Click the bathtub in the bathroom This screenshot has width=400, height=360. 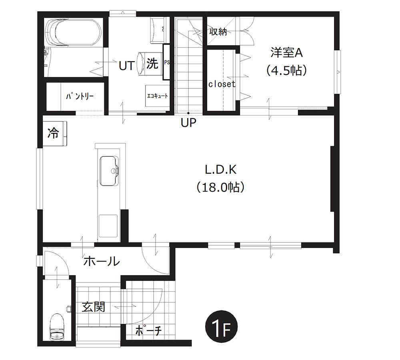73,32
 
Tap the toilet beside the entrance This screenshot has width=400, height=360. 57,326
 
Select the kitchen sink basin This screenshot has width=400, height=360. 109,170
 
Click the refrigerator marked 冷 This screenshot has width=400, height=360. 54,134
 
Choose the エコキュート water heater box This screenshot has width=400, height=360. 157,96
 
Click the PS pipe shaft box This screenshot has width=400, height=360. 166,62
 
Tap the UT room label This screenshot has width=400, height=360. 127,66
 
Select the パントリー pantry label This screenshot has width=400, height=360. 80,96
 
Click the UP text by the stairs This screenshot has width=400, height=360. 188,123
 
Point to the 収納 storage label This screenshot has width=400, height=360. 218,32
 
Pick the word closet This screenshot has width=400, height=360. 222,84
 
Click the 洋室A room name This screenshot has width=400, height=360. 286,53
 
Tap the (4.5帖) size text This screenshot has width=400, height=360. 286,70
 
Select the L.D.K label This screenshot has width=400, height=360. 221,170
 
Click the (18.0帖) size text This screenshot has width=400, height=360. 221,187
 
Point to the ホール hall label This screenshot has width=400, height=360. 102,261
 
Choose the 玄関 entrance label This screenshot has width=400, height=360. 93,306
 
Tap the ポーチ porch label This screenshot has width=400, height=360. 148,331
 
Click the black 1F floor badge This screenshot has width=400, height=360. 222,326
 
